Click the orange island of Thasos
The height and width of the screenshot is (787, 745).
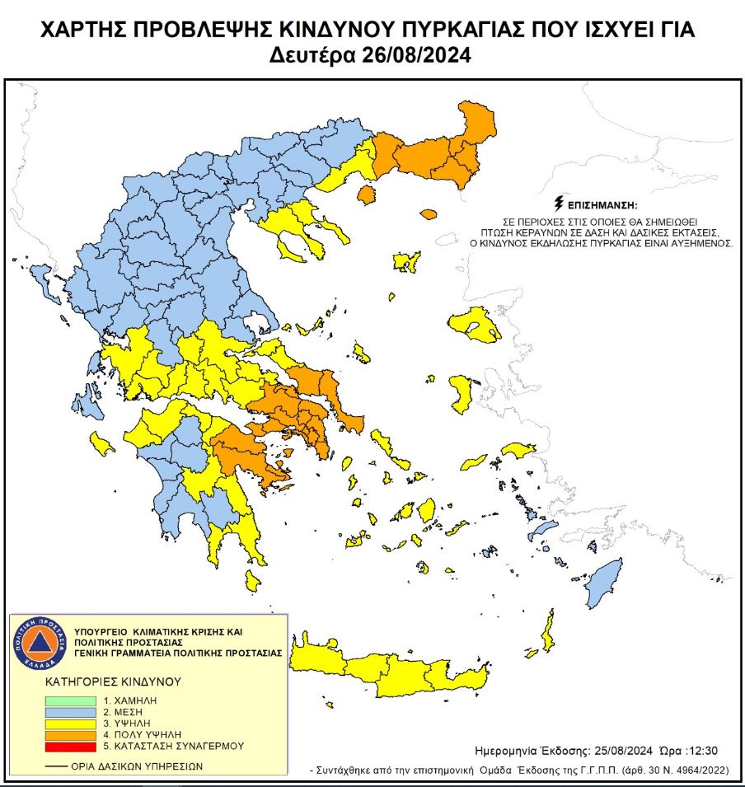(366, 195)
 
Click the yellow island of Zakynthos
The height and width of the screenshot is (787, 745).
(103, 445)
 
